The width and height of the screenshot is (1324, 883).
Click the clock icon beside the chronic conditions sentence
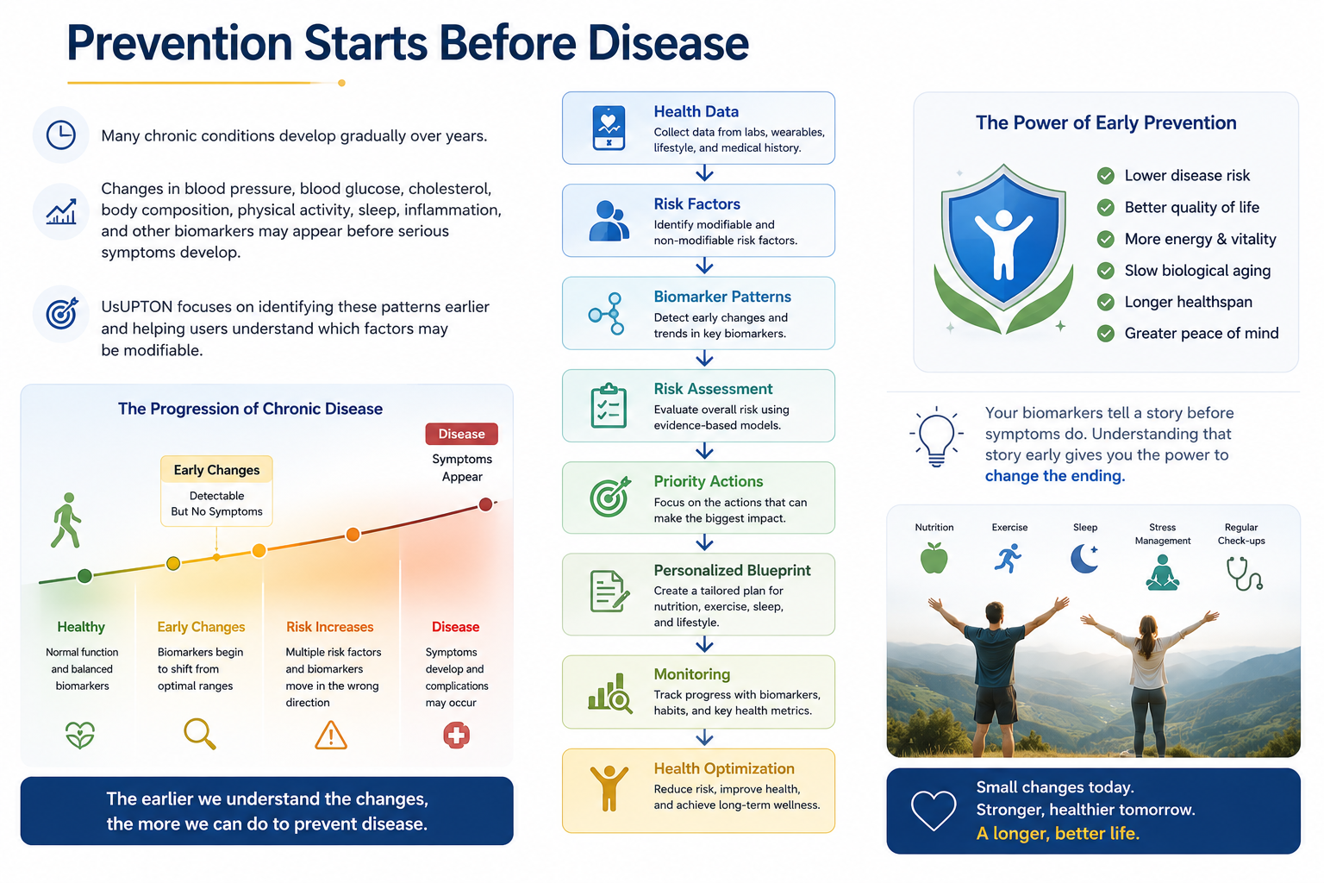click(61, 135)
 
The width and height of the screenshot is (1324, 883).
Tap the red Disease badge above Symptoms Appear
click(461, 434)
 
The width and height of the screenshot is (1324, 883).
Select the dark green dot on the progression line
click(84, 576)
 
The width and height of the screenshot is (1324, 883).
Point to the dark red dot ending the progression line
click(485, 504)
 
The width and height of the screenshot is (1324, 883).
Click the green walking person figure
click(66, 521)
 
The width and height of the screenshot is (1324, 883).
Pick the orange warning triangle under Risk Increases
click(331, 736)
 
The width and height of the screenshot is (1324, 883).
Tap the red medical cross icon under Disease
click(456, 736)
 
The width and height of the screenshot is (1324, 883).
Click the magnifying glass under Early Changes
click(200, 734)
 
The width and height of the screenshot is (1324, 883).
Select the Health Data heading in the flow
click(696, 111)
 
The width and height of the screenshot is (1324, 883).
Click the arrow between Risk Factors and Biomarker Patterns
click(704, 266)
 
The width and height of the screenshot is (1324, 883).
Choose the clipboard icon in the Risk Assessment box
click(609, 406)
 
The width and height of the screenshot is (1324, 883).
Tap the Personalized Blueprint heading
click(732, 570)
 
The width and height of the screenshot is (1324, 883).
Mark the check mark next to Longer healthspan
click(1105, 302)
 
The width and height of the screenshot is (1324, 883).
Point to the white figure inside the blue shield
click(1003, 244)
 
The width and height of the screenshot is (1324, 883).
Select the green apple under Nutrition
click(934, 558)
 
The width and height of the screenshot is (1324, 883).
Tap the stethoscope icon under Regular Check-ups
click(1244, 573)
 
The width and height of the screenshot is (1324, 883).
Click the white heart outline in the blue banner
click(934, 811)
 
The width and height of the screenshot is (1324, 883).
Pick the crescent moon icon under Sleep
click(1084, 558)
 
